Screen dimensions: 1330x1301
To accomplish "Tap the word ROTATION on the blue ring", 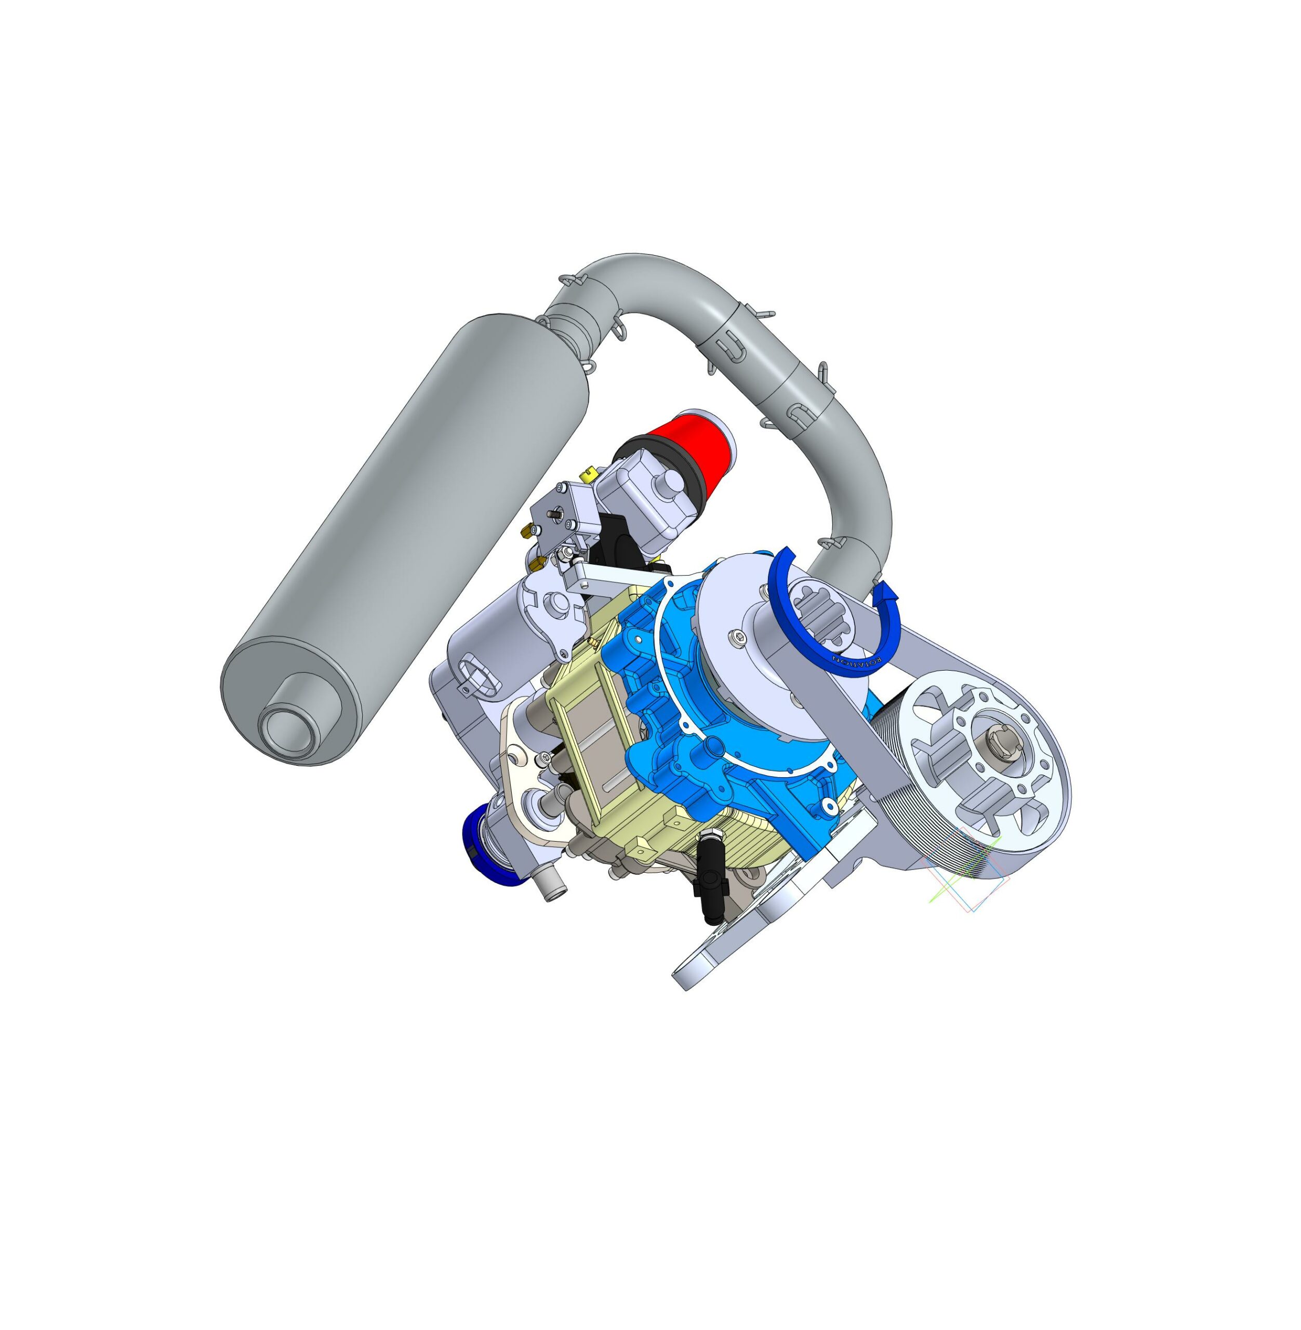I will point(854,662).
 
